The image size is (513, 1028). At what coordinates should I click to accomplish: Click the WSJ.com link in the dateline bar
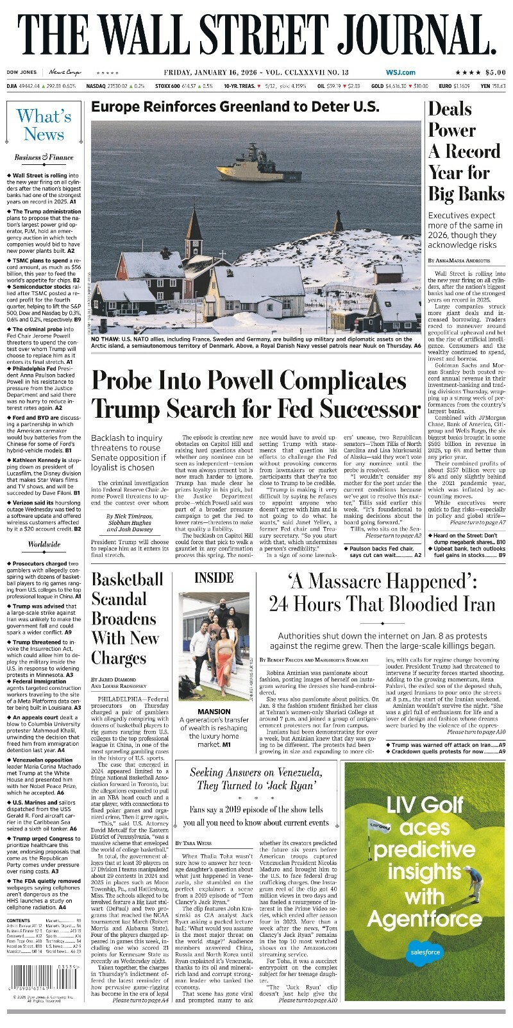click(400, 73)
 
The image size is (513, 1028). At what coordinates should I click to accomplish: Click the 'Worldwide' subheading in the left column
click(44, 545)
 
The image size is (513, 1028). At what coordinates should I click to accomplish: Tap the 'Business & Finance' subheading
click(44, 157)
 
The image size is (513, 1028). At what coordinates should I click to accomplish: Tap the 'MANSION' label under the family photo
click(214, 712)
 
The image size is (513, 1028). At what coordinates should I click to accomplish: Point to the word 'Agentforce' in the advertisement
click(424, 920)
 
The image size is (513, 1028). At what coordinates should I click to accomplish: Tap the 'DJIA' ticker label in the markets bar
click(12, 86)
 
